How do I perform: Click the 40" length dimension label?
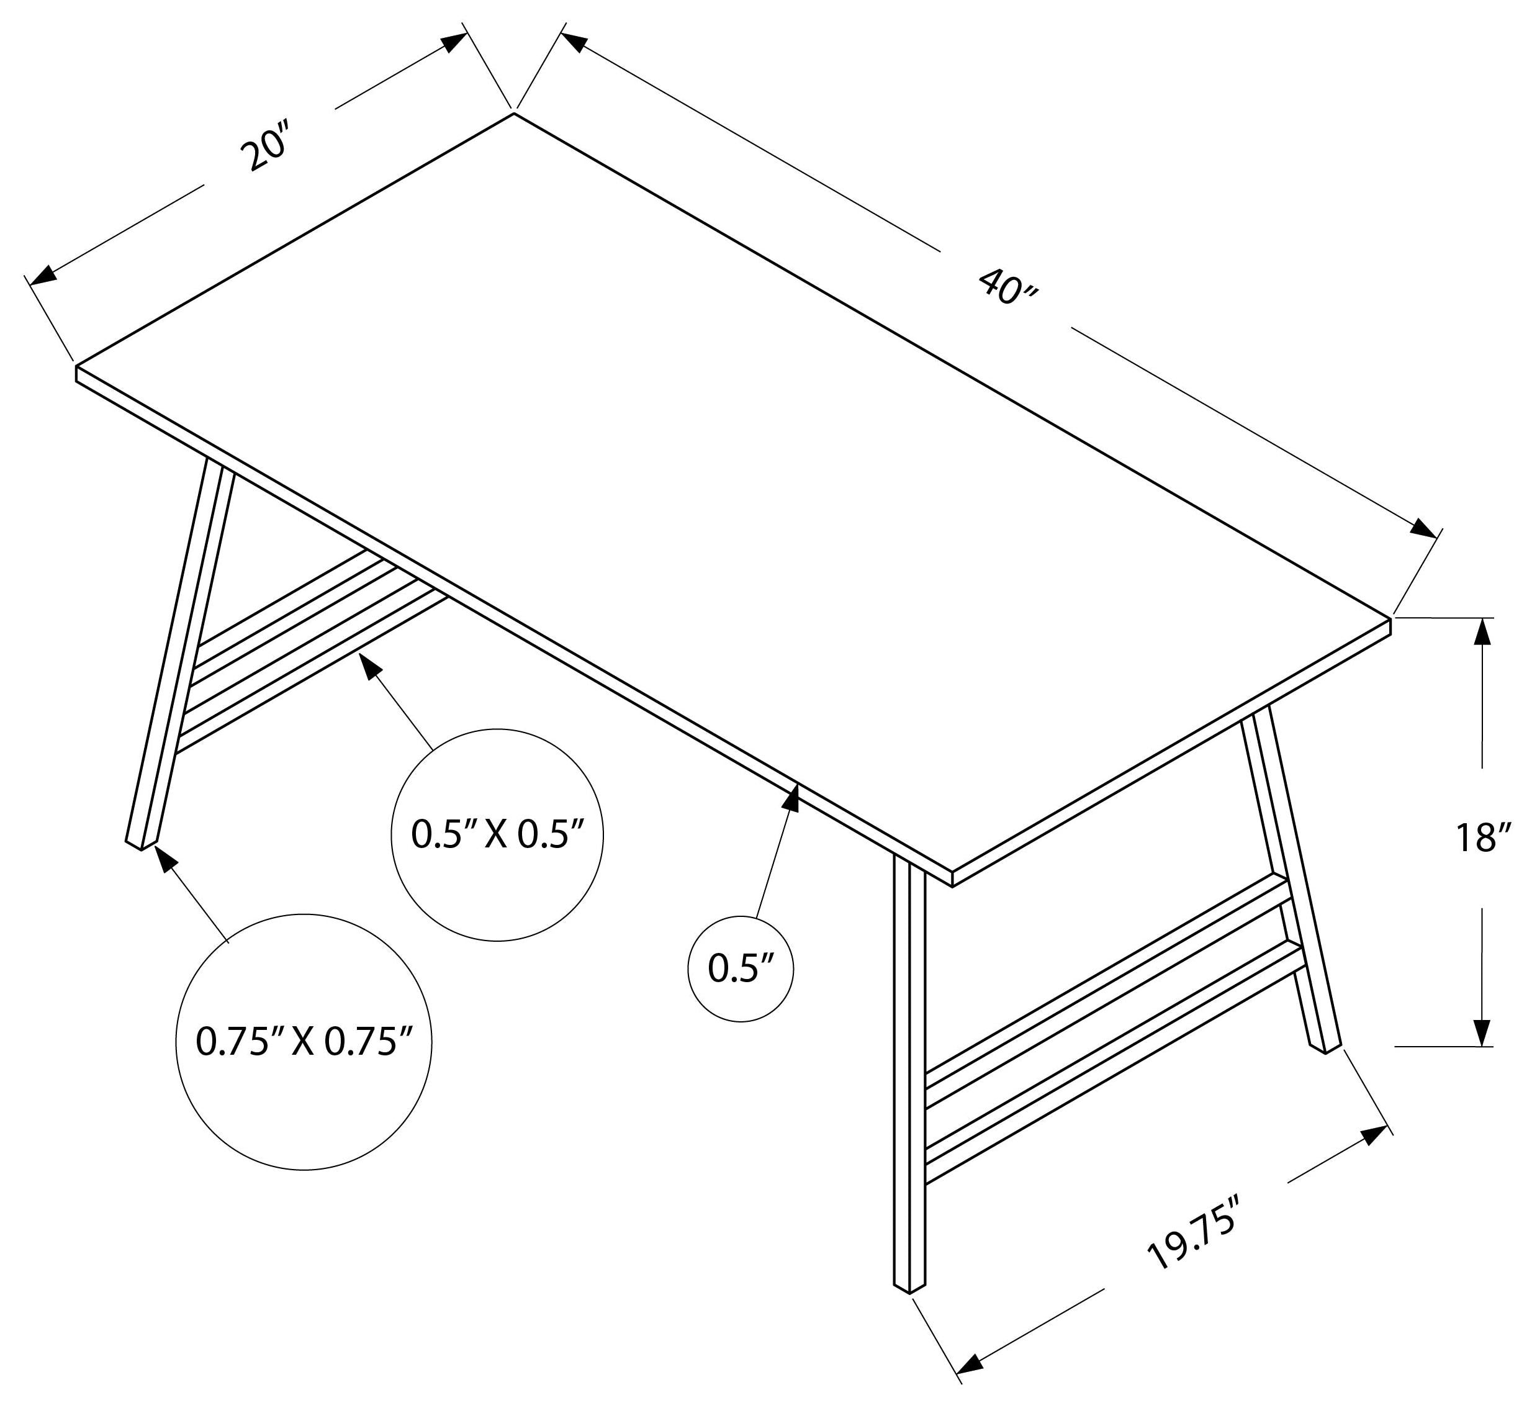[1007, 287]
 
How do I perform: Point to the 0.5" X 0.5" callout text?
[497, 834]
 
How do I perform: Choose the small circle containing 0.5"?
[741, 969]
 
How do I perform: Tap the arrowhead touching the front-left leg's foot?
[164, 858]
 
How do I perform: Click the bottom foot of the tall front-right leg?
[908, 1288]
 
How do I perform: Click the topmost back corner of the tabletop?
[513, 114]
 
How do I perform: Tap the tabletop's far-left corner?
[76, 368]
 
